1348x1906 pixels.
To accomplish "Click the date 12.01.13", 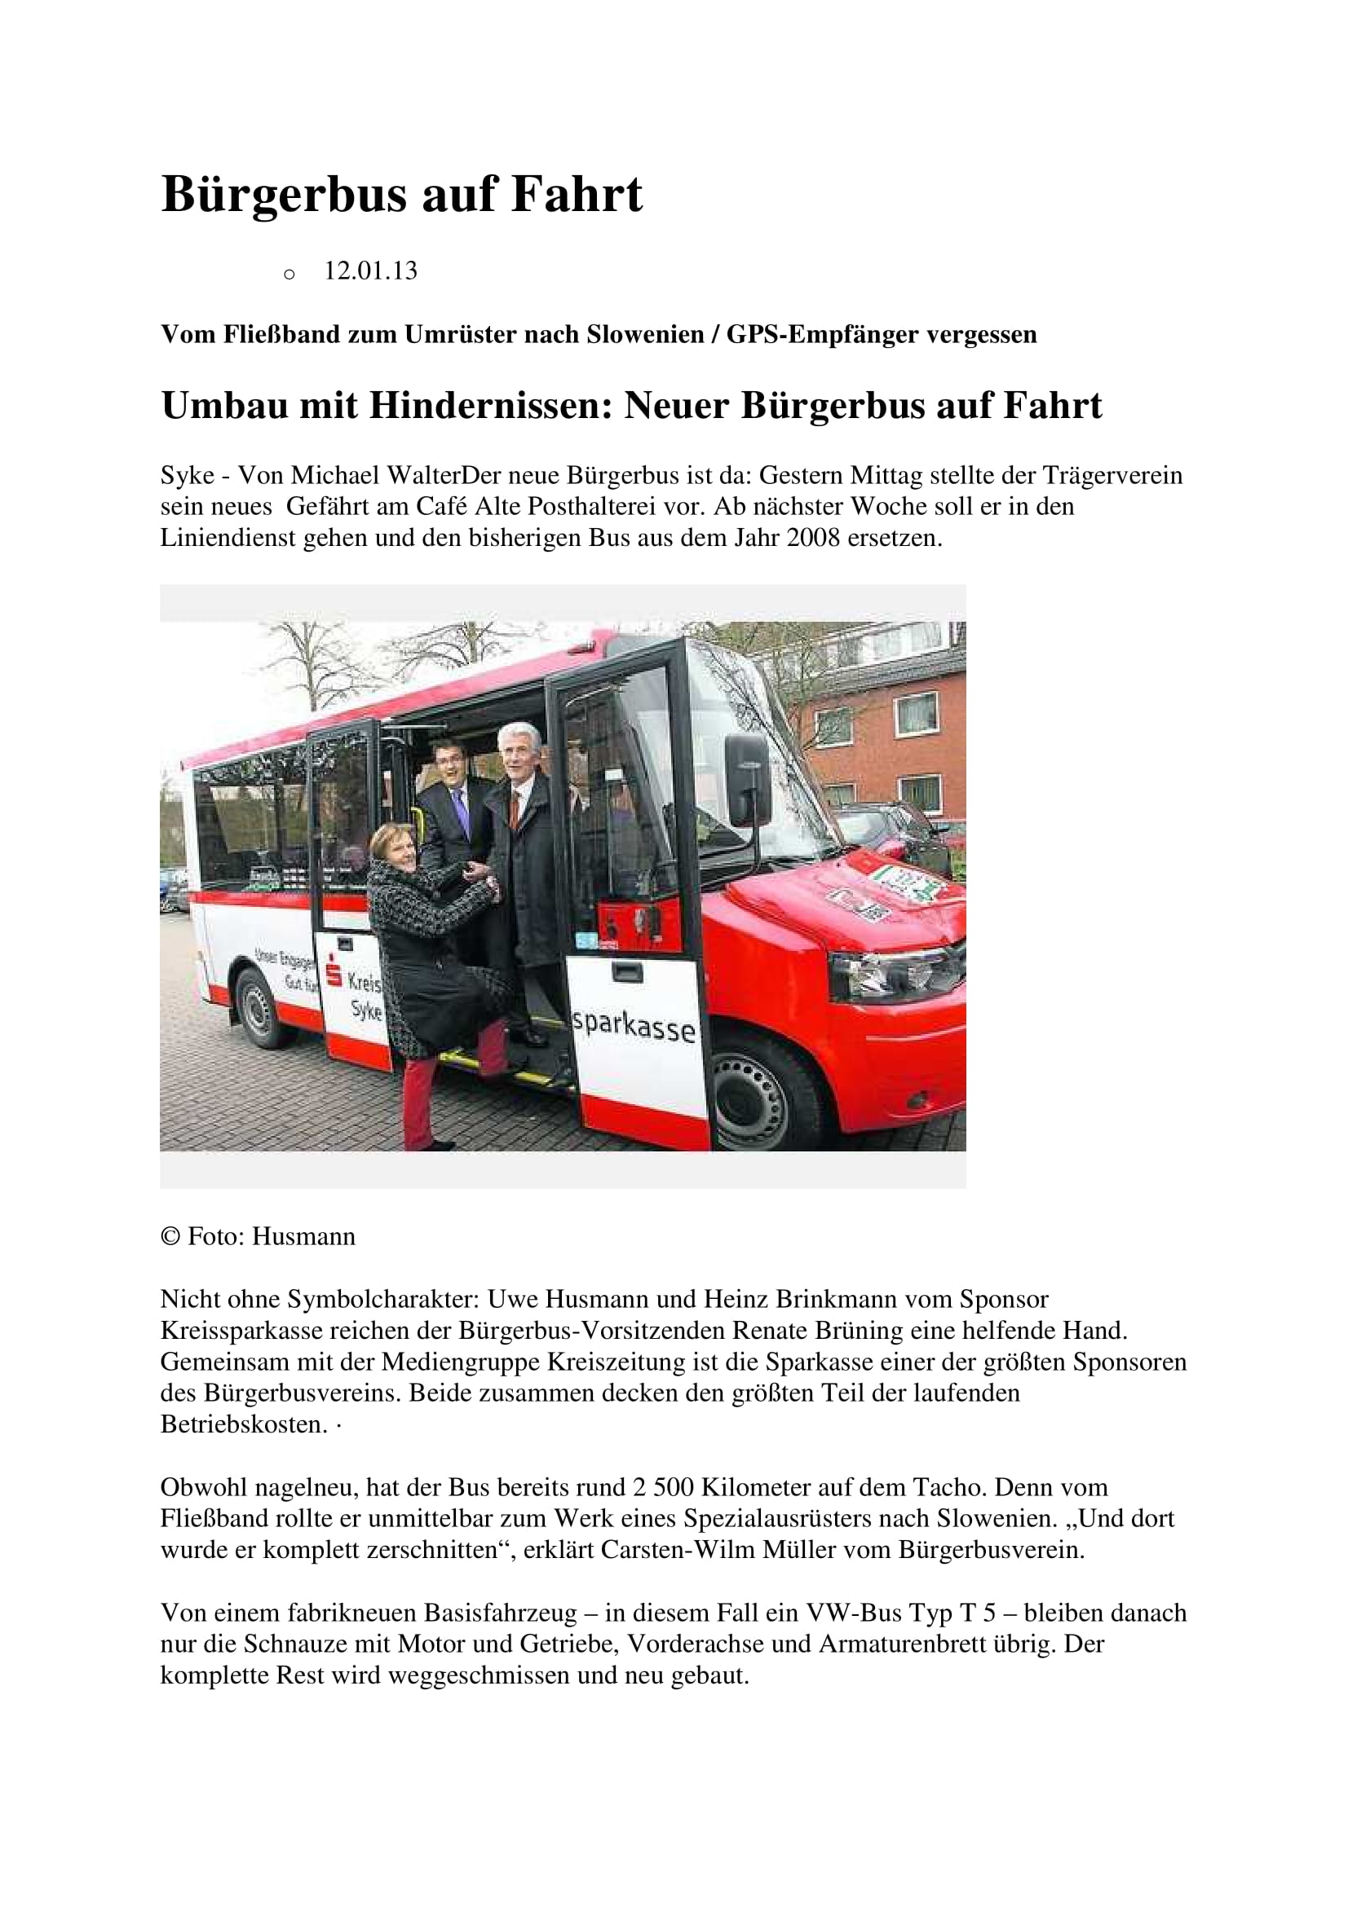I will click(370, 271).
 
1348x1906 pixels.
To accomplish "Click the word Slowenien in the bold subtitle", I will click(641, 335).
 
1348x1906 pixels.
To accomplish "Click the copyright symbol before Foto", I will click(170, 1237).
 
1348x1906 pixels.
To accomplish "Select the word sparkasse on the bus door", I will click(634, 1027).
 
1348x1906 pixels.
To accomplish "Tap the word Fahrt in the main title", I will click(577, 195).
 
